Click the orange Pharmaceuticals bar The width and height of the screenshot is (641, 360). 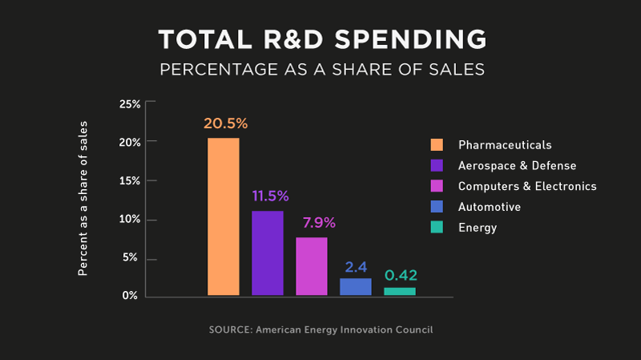tap(224, 216)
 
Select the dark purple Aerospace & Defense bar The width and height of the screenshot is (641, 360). tap(268, 253)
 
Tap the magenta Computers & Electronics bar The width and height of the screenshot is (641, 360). tap(312, 266)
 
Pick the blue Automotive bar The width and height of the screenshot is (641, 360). tap(356, 286)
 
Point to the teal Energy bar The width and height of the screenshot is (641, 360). tap(400, 291)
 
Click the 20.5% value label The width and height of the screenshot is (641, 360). tap(225, 123)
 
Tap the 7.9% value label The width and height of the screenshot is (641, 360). tap(313, 222)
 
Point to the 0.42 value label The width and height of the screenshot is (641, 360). tap(401, 276)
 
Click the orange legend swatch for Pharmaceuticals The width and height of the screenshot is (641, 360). tap(437, 145)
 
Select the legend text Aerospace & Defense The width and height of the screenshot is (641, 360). tap(517, 166)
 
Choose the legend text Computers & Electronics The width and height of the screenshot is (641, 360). tap(527, 186)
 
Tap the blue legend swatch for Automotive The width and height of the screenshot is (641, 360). tap(437, 207)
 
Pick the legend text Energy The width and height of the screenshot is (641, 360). tap(478, 228)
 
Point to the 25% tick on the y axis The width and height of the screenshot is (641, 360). tap(130, 104)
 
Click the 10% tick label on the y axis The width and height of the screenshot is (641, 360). tap(130, 220)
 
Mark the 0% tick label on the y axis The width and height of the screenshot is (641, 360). tap(133, 297)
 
